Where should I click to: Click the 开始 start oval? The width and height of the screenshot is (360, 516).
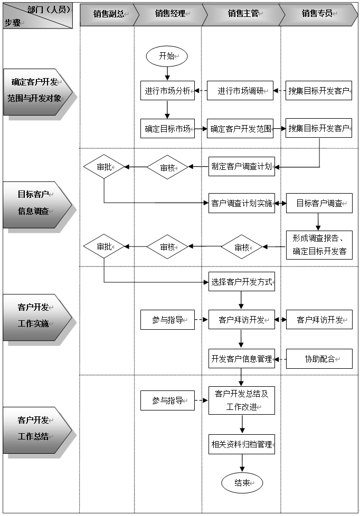tap(167, 56)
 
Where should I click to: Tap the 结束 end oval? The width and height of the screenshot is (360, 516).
tap(242, 483)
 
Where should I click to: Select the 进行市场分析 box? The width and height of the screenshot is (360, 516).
tap(167, 91)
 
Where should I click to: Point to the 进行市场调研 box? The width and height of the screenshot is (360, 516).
tap(240, 91)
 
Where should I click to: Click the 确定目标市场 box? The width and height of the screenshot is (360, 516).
tap(167, 129)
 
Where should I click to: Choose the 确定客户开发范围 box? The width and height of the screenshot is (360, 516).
tap(240, 129)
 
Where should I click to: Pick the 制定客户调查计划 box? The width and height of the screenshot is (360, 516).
tap(241, 167)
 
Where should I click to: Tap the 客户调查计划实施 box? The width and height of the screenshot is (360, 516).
tap(241, 203)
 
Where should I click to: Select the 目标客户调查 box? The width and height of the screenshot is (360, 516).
tap(319, 203)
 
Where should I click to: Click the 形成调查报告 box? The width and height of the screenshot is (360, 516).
tap(319, 245)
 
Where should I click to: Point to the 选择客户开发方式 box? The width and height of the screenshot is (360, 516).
tap(241, 281)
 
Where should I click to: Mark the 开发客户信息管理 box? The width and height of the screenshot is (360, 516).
tap(241, 358)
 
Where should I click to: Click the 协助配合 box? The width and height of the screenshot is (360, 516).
tap(319, 359)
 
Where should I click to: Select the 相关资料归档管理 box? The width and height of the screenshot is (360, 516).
tap(241, 444)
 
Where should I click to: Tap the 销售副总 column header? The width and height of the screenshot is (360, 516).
tap(109, 14)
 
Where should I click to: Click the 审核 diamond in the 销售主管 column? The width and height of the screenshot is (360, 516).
tap(241, 247)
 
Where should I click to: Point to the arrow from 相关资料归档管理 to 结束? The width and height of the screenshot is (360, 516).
tap(242, 463)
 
